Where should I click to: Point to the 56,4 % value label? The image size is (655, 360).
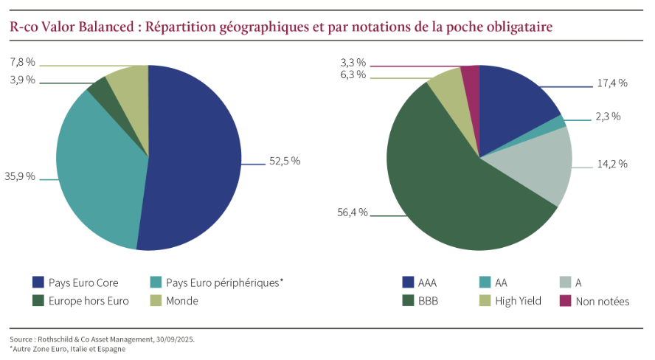point(352,212)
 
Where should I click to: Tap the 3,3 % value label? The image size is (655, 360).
point(353,63)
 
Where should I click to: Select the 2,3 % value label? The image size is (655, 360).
point(608,117)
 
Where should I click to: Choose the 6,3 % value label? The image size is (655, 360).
point(353,75)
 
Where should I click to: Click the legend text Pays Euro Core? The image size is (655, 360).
point(83,283)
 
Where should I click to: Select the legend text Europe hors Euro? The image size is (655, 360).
point(89,301)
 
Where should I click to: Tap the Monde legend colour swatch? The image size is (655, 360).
point(156,301)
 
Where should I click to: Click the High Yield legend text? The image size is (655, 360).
point(519,301)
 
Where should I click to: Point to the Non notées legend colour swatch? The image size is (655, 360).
point(565,301)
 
